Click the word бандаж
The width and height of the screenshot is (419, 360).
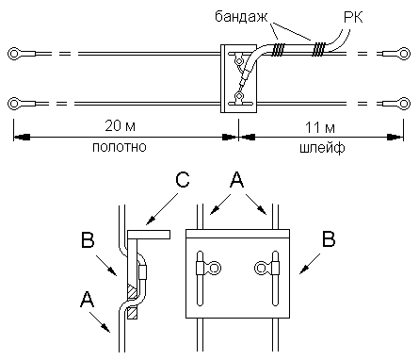[241, 16]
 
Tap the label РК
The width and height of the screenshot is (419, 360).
[353, 17]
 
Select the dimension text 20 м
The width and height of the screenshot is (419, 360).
[121, 125]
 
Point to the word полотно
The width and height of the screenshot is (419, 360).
[120, 147]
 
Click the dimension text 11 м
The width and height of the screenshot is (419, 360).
[320, 127]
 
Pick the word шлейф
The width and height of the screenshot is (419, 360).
[322, 148]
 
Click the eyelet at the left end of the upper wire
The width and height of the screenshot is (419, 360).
[14, 54]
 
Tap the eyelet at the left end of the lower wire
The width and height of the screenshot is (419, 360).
[14, 104]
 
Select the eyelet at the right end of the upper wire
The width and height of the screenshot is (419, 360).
[404, 54]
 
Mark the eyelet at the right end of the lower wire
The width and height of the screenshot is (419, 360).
[404, 104]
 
